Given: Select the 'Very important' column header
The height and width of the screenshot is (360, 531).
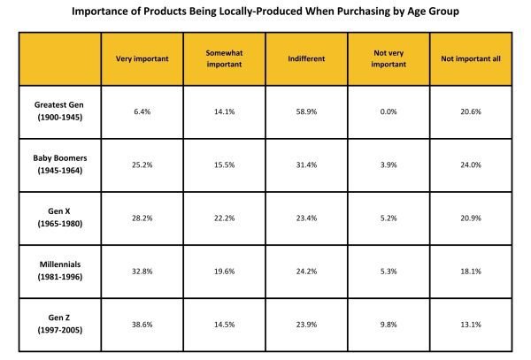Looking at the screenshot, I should pos(142,58).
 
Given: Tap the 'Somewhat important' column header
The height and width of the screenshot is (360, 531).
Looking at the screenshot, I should pos(226,58).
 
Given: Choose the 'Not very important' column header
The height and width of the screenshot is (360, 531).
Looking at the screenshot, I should pos(388,58).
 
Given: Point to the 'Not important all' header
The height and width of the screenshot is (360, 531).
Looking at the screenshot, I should pos(470,58).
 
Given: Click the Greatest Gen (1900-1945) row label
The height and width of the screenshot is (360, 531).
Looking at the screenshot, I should pos(59,112).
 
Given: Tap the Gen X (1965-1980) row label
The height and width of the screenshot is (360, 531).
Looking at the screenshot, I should pos(59,217).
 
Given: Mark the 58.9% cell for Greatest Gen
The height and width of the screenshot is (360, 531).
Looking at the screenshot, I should pos(307,112).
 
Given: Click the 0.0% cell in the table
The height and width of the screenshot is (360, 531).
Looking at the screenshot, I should pos(388,112).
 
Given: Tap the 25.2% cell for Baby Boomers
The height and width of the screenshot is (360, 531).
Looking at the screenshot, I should pos(142,165).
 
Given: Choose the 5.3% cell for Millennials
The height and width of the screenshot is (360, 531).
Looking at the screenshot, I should pos(388,270).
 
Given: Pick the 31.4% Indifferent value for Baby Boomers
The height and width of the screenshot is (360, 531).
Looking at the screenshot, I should pos(307,165).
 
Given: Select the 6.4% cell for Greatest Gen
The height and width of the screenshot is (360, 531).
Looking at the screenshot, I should pos(142,112).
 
